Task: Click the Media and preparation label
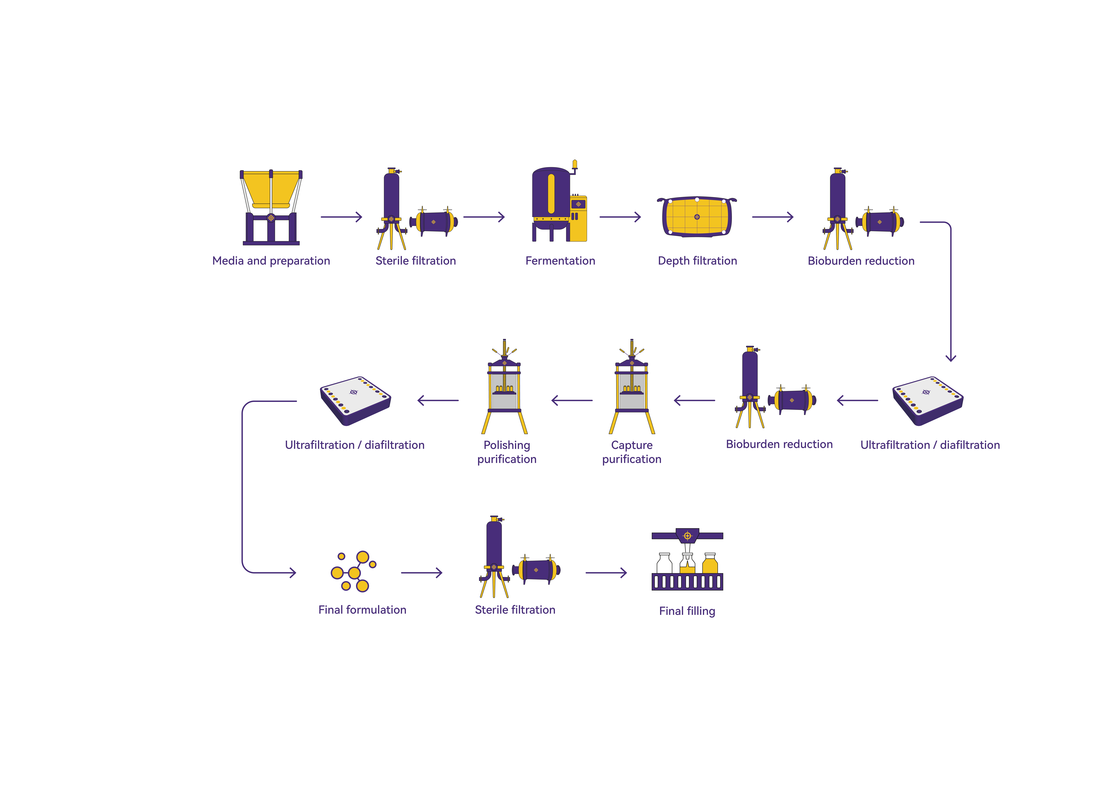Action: pos(271,261)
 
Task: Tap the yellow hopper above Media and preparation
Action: pos(271,189)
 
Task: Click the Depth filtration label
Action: pos(697,261)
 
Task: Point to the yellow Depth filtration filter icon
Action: pos(697,217)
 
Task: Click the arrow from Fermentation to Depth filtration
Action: pos(620,217)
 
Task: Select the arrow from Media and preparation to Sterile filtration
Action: pos(341,217)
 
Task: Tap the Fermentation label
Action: pos(560,261)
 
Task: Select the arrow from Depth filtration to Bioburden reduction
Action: pos(773,217)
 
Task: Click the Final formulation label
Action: pos(362,610)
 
